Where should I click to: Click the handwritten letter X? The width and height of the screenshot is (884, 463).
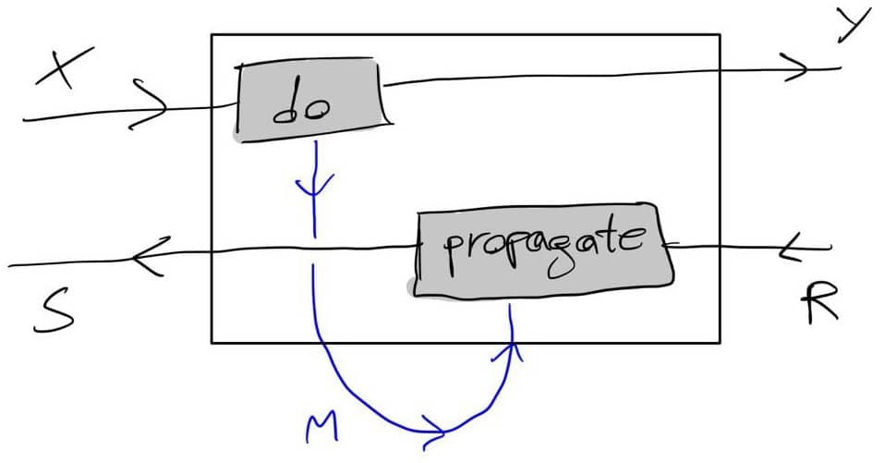coord(64,67)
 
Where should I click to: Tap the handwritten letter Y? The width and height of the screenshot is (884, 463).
coord(855,25)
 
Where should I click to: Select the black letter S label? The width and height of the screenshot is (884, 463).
coord(54,311)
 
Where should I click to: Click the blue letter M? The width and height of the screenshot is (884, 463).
coord(322,428)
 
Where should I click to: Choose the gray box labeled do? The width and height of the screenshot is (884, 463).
coord(311,100)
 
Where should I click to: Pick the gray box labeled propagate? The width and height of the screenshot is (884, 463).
coord(541,250)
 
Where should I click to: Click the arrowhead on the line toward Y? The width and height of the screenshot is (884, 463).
coord(796,67)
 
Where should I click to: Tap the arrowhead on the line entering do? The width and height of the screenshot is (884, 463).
coord(148,104)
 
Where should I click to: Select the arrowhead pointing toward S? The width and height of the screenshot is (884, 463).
coord(148,257)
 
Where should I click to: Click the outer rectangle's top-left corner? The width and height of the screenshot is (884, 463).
coord(212,35)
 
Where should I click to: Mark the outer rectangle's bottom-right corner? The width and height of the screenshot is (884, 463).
coord(720,342)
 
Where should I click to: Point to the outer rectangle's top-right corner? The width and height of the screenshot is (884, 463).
coord(720,35)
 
